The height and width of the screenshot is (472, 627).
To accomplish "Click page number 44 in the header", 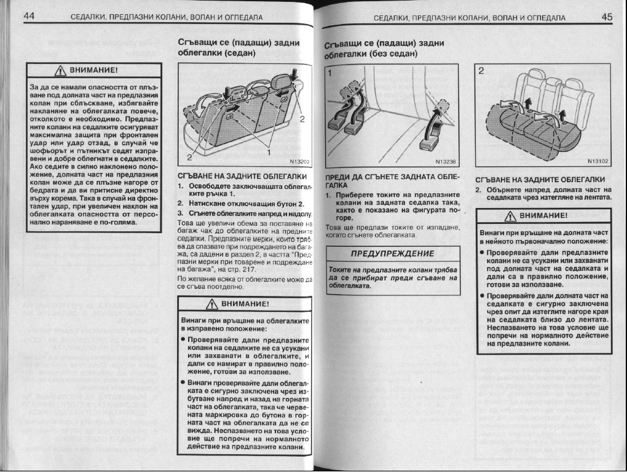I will pyautogui.click(x=28, y=18).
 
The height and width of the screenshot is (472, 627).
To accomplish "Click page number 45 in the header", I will pyautogui.click(x=606, y=18).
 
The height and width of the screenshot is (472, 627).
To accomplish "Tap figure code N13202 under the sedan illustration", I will pyautogui.click(x=299, y=162).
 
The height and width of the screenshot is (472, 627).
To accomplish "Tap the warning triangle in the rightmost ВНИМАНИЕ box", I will pyautogui.click(x=509, y=215).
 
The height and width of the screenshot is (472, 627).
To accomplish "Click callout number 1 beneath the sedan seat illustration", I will pyautogui.click(x=269, y=152).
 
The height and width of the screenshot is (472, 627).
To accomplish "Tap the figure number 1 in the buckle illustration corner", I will pyautogui.click(x=329, y=72).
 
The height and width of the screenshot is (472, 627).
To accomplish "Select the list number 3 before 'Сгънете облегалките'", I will pyautogui.click(x=179, y=212).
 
